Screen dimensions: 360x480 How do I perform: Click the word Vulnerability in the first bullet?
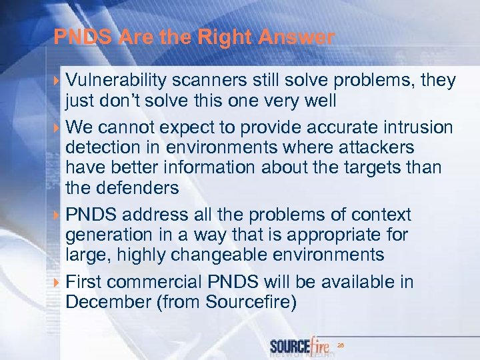point(117,81)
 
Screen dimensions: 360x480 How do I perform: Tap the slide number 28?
point(341,345)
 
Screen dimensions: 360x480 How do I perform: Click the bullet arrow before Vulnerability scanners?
point(58,81)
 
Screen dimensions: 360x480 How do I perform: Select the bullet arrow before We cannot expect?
point(58,127)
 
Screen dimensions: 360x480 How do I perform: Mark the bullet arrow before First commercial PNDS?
point(58,282)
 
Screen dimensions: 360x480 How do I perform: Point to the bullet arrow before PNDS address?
point(58,215)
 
